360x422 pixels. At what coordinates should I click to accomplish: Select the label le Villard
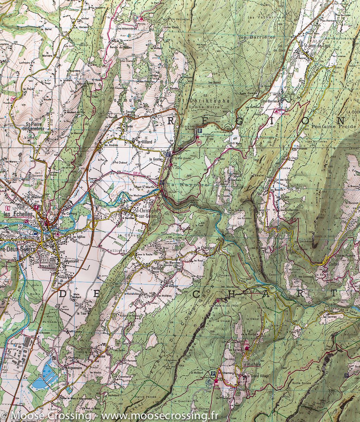tap(139, 142)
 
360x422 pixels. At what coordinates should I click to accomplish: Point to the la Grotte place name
tap(155, 159)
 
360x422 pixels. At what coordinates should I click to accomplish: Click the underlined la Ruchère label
tap(252, 364)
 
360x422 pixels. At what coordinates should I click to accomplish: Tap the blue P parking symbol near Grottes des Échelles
tap(200, 131)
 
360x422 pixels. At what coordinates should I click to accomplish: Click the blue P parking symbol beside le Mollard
tap(213, 373)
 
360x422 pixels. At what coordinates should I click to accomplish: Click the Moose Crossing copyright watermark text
tap(109, 416)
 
